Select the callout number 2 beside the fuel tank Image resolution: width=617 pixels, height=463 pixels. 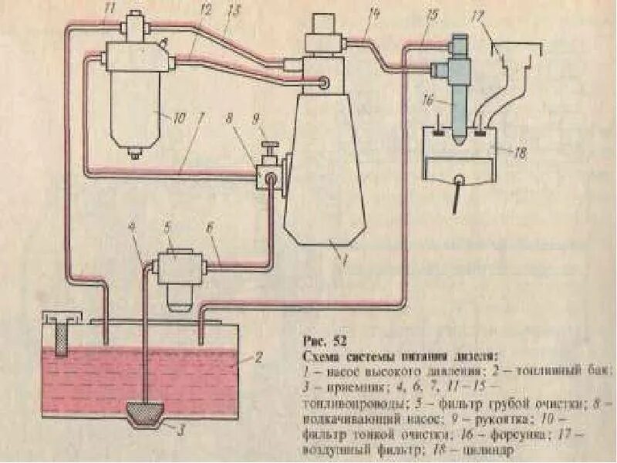pos(260,358)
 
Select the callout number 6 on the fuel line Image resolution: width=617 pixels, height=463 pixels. pos(209,228)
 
